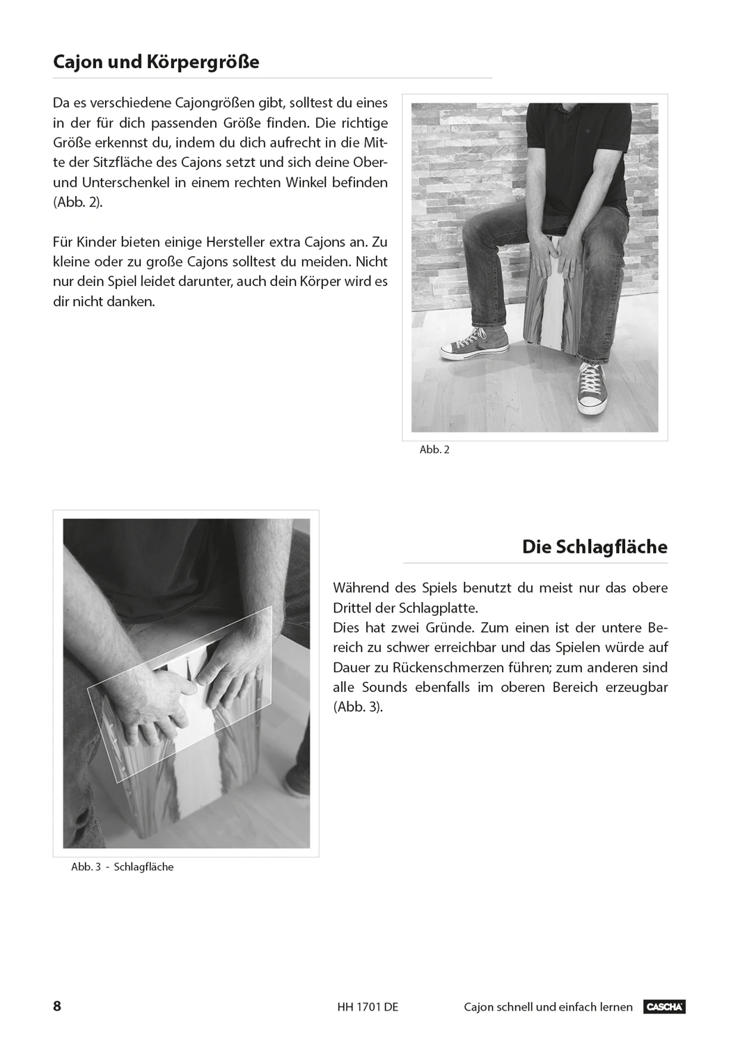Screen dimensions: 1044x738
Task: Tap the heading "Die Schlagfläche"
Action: click(x=595, y=547)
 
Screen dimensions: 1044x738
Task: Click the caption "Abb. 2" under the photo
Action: click(x=434, y=450)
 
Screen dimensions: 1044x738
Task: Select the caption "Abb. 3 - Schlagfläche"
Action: click(x=122, y=867)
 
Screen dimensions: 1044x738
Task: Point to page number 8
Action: click(x=57, y=1006)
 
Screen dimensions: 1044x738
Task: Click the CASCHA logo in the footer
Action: click(x=665, y=1007)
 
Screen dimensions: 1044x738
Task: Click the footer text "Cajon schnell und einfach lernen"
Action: click(x=548, y=1007)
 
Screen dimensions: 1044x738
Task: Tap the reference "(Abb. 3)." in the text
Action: click(x=358, y=707)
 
